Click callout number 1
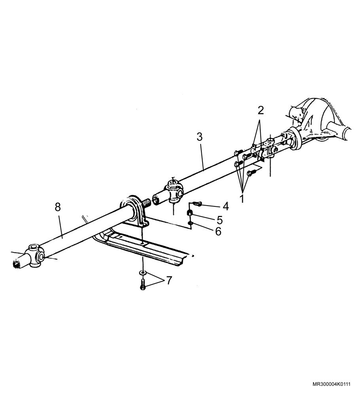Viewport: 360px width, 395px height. point(242,198)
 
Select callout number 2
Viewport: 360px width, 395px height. point(261,110)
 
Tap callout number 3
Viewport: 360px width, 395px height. point(199,137)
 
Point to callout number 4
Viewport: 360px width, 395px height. point(225,206)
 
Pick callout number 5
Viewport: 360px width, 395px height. point(220,220)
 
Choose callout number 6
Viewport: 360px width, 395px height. point(218,231)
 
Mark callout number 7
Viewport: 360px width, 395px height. point(169,280)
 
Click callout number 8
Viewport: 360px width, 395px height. point(58,207)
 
